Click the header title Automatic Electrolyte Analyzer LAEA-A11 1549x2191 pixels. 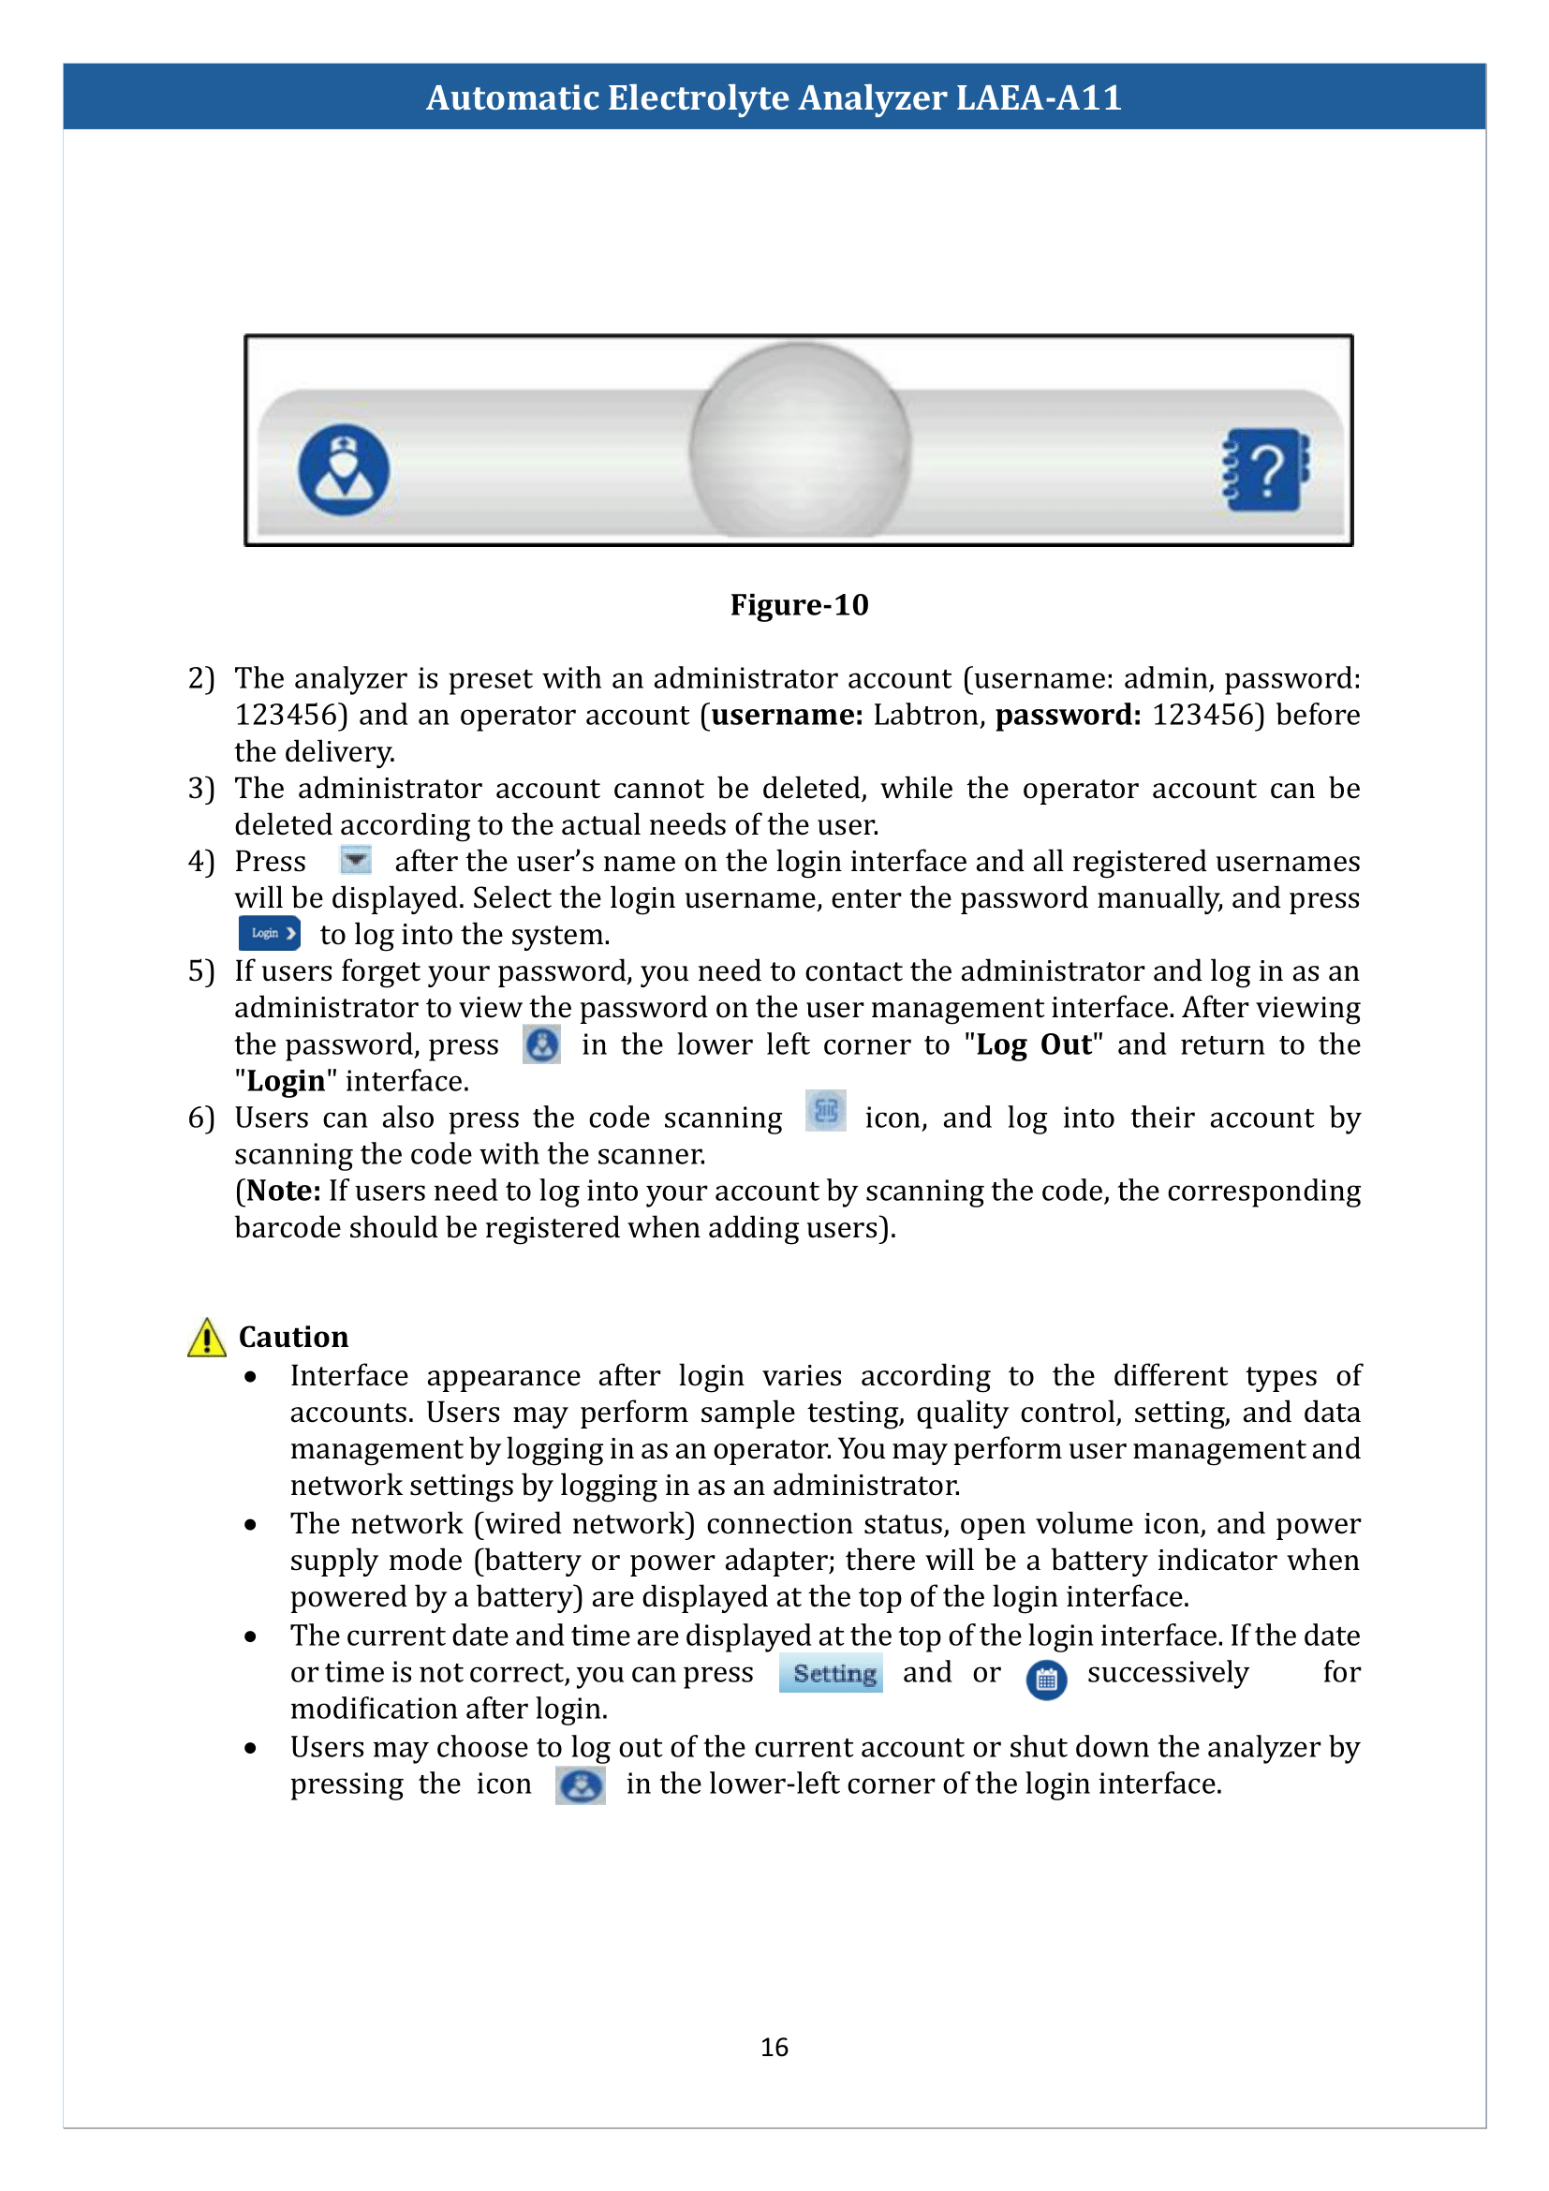[774, 97]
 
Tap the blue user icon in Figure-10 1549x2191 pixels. [344, 469]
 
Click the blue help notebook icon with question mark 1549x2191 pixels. [1266, 469]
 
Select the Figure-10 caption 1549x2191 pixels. [798, 605]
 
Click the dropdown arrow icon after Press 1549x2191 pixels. [356, 861]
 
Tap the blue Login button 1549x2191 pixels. [269, 933]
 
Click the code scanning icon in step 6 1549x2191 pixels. [825, 1111]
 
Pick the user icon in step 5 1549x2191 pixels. [541, 1045]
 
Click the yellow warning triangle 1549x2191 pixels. [206, 1337]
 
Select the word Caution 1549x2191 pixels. [293, 1337]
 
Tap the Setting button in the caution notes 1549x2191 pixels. [833, 1673]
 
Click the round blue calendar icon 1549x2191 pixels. [1046, 1680]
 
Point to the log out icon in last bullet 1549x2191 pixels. [580, 1784]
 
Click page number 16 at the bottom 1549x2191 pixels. [774, 2047]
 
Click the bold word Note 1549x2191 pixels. [282, 1191]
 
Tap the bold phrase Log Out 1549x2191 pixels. [1033, 1045]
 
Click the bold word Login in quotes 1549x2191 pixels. [286, 1081]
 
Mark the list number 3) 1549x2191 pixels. [200, 788]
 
